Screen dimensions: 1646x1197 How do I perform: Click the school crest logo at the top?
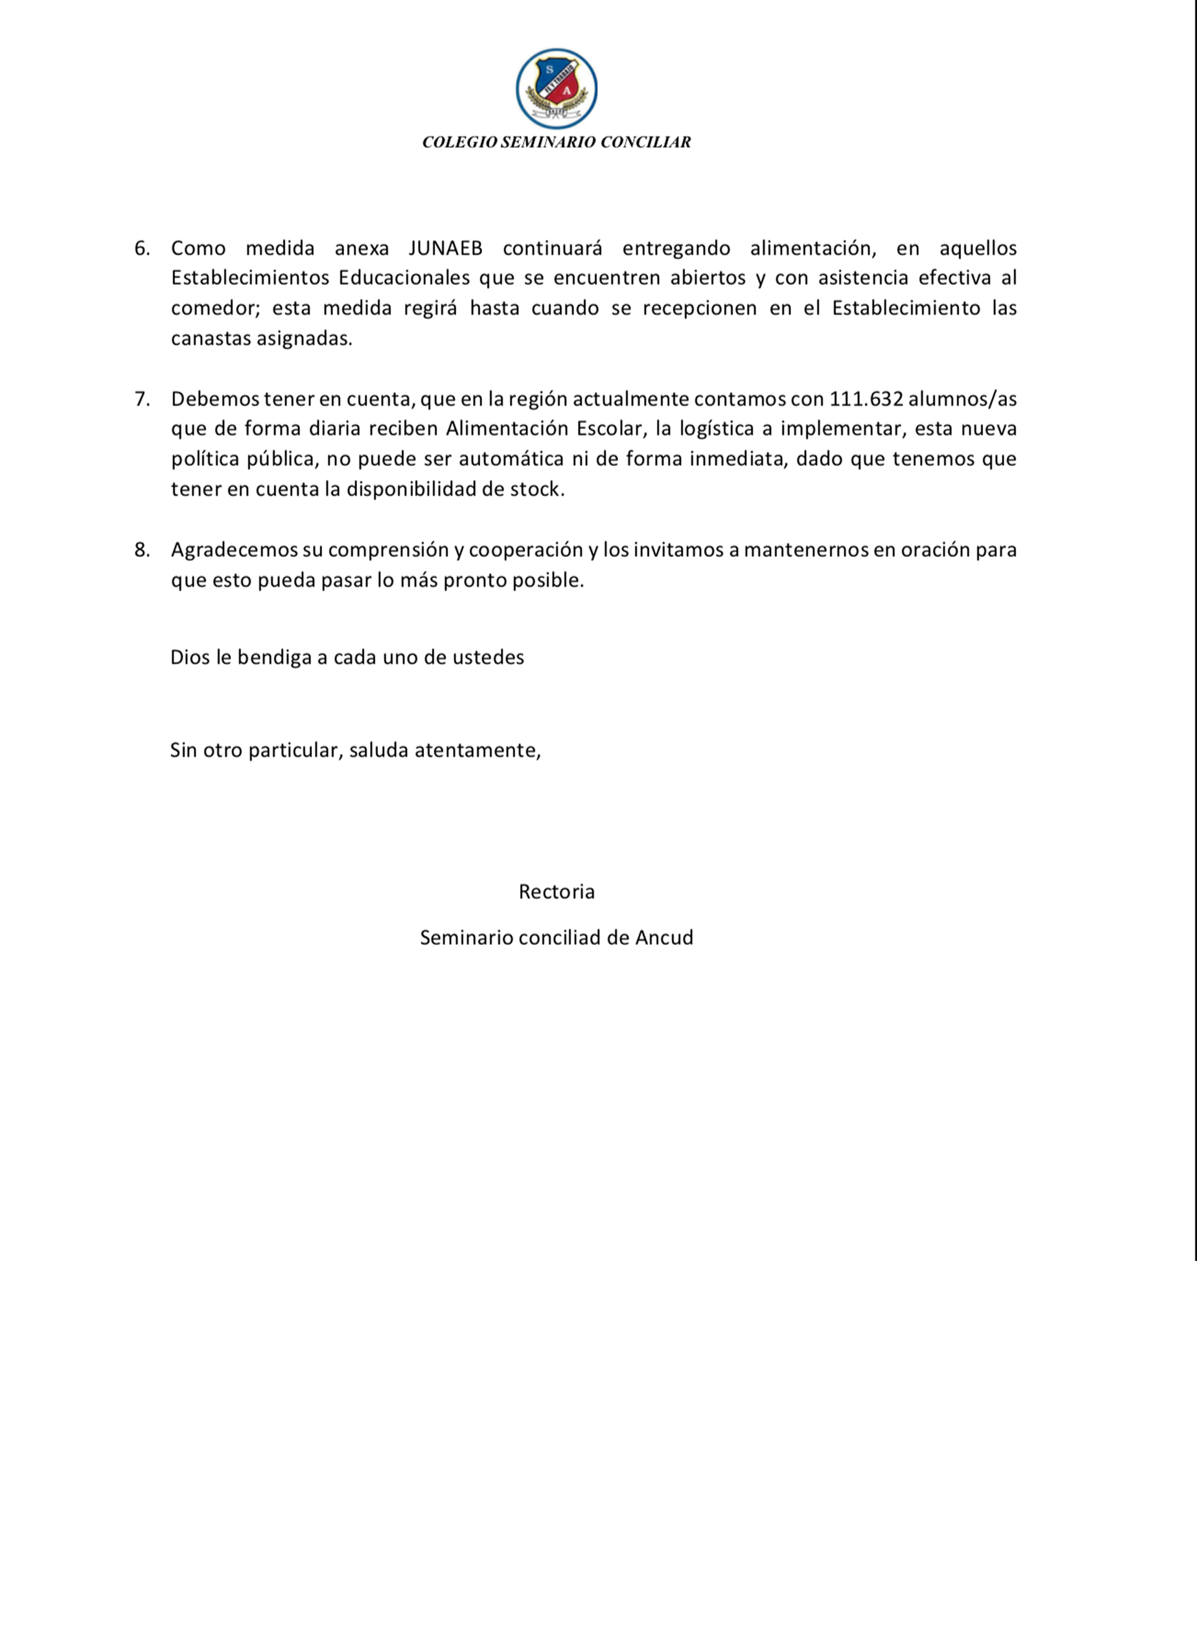pos(557,89)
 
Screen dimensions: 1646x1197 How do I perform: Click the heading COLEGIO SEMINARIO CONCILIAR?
pos(556,142)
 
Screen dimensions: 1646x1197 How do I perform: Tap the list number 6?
pos(142,248)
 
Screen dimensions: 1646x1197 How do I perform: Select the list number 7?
pos(142,399)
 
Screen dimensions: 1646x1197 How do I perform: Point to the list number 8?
pos(142,549)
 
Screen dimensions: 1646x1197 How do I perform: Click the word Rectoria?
pos(556,891)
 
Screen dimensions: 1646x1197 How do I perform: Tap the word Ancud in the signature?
pos(664,938)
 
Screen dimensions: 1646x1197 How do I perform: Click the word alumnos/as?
pos(962,399)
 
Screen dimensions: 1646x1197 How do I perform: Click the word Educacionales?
pos(404,278)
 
